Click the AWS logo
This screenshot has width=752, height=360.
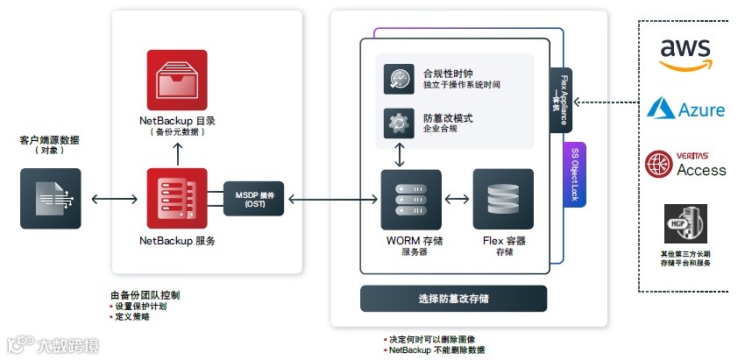coord(685,55)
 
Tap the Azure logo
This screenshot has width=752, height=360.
coord(686,109)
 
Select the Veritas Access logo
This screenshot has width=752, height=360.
coord(686,164)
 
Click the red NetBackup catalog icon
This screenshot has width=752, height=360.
coord(177,81)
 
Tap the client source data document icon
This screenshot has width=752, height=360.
coord(51,199)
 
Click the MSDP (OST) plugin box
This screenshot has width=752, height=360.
coord(255,200)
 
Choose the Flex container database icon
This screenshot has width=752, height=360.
coord(503,200)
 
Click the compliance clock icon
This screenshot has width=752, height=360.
coord(399,79)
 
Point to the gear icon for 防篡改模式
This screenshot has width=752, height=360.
coord(399,123)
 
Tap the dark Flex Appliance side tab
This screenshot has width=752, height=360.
coord(562,100)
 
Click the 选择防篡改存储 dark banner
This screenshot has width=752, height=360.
coord(453,298)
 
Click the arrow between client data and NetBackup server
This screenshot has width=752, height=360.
coord(114,200)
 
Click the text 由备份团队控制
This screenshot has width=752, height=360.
coord(145,295)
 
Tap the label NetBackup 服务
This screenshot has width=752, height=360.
coord(177,240)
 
